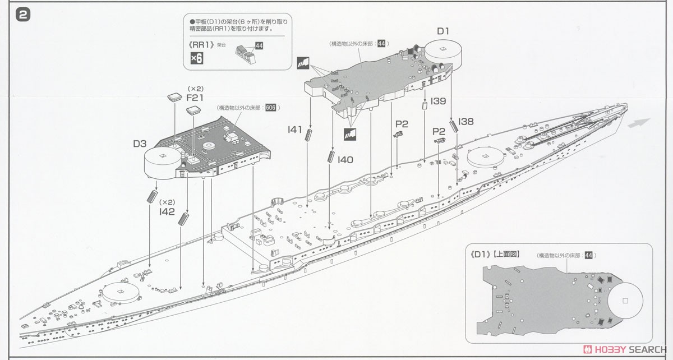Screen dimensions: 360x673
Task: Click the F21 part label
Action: click(x=195, y=98)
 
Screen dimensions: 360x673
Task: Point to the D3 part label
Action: click(x=140, y=144)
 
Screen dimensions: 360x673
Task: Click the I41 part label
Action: click(x=294, y=129)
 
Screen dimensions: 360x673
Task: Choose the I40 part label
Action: click(x=345, y=160)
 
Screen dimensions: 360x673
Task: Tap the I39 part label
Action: click(x=439, y=101)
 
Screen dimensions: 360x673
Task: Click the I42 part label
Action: click(x=167, y=211)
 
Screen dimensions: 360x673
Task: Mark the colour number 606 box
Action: click(x=271, y=107)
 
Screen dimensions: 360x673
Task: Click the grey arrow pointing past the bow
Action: click(x=639, y=123)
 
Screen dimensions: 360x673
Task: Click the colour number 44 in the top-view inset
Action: click(x=588, y=255)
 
